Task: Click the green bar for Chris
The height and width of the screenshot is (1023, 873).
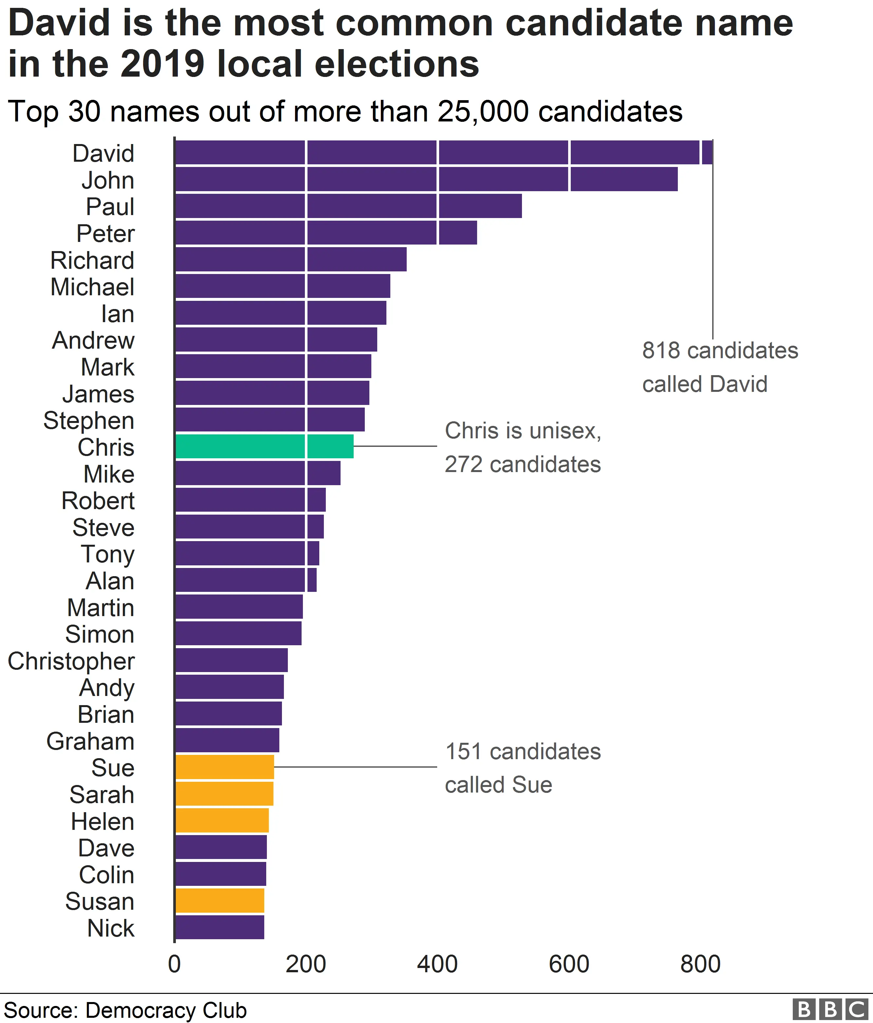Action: tap(264, 446)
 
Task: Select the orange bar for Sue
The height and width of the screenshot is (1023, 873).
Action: tap(225, 767)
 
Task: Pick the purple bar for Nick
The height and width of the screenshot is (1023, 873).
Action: tap(220, 927)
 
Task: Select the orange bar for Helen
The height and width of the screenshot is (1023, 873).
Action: tap(222, 820)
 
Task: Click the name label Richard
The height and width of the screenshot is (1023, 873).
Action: tap(92, 260)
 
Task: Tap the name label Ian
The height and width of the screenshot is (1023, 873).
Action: tap(118, 314)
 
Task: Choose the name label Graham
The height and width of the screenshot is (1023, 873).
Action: tap(90, 741)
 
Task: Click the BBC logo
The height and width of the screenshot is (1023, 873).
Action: tap(829, 1009)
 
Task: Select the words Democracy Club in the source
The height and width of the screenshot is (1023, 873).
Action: tap(166, 1010)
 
